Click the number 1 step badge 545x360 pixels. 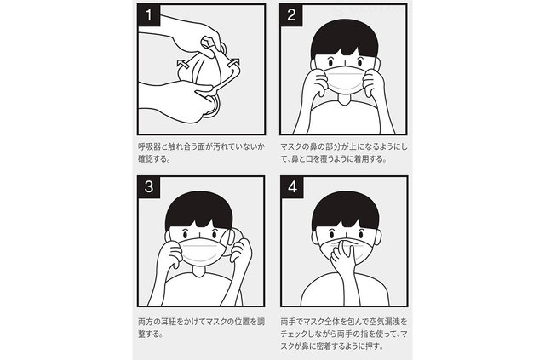149,15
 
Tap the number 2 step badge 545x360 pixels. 291,15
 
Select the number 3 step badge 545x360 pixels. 149,187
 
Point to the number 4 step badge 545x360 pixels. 292,187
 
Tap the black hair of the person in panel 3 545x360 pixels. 198,209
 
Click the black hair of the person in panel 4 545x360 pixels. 345,209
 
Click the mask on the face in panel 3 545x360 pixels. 200,251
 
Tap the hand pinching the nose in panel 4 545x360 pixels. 343,256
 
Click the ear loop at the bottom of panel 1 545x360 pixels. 214,108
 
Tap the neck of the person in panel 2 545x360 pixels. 344,99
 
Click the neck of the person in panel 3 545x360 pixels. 199,271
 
